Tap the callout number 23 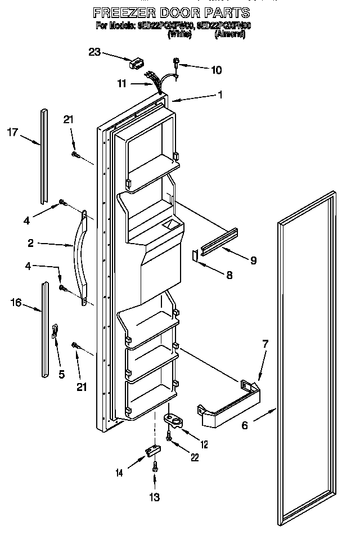94,52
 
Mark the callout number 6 245,426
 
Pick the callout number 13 154,497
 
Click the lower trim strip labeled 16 44,329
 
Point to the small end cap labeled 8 195,255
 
